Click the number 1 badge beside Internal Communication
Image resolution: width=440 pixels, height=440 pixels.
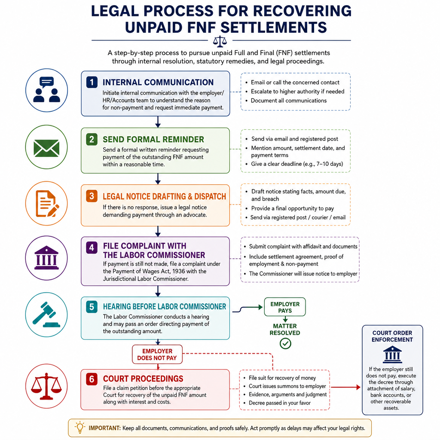coord(92,82)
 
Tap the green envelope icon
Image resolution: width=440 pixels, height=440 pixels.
coord(46,148)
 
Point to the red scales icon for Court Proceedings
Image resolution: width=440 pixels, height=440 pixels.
coord(46,386)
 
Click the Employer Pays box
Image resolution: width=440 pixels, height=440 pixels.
coord(285,307)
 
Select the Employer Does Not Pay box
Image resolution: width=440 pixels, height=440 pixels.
coord(157,354)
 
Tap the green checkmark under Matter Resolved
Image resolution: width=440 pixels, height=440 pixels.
coord(285,343)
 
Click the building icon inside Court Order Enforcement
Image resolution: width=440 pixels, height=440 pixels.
coord(392,354)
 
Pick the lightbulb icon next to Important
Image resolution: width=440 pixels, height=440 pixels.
coord(80,428)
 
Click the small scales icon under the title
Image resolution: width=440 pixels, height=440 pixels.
coord(220,42)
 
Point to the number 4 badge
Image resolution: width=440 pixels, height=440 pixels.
coord(92,248)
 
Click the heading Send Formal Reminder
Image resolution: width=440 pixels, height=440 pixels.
coord(153,140)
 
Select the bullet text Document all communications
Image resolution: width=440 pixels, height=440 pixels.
coord(289,101)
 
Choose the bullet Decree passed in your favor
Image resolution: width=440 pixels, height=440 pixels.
coord(280,403)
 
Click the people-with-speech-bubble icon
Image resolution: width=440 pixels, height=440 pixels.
coord(46,89)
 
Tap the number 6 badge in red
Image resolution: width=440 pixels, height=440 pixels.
coord(92,379)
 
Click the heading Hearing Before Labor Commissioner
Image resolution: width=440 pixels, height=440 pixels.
coord(165,306)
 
